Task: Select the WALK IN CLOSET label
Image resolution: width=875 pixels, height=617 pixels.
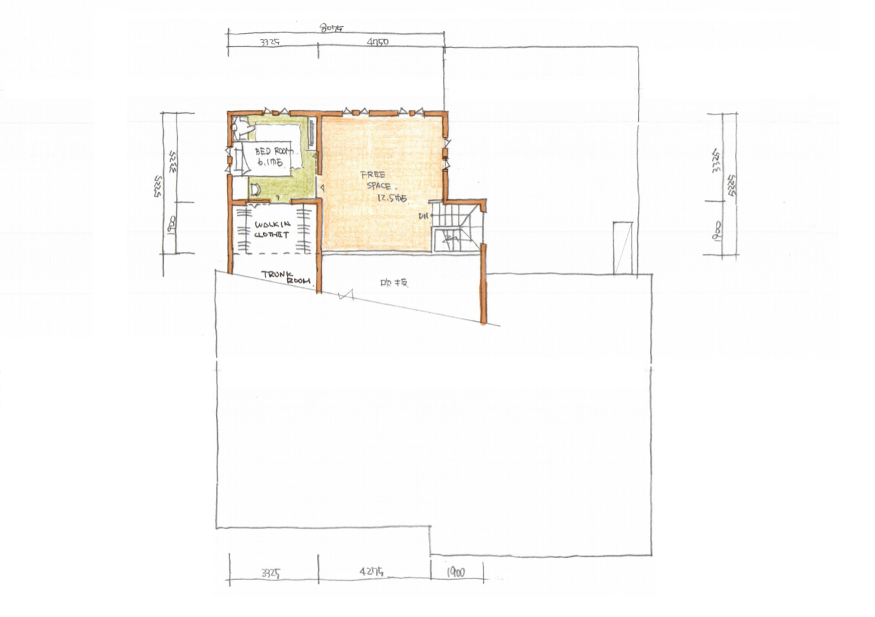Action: point(272,230)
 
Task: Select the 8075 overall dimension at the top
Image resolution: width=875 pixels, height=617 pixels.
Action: point(331,29)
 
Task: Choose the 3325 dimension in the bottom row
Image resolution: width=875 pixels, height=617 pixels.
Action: point(270,572)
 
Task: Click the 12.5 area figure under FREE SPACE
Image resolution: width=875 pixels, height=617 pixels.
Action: point(392,199)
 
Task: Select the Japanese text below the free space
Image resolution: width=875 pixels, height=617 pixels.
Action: point(395,284)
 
